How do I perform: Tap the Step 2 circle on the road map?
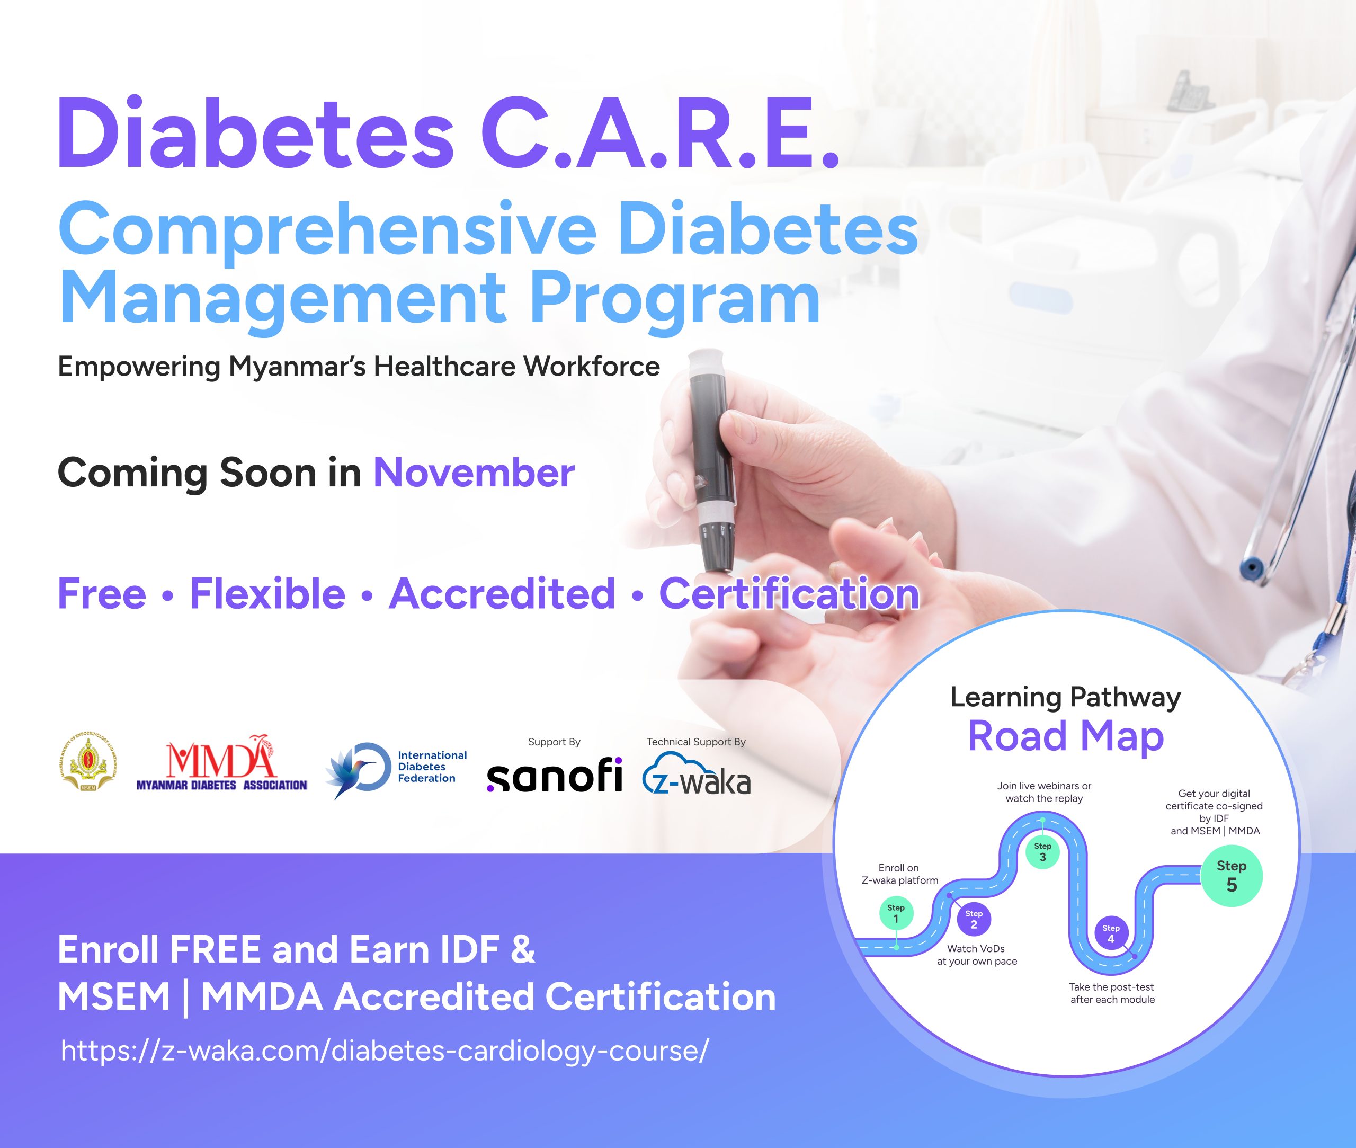(974, 919)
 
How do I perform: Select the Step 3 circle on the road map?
(1042, 851)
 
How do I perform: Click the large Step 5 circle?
(1231, 875)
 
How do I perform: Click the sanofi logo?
(555, 775)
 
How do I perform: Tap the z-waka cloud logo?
(696, 774)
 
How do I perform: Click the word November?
(474, 473)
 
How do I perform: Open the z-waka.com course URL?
(384, 1051)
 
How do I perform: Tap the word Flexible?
(267, 593)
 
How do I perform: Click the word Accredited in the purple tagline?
(502, 593)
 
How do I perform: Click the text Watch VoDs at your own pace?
(977, 955)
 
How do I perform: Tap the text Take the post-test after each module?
(1112, 993)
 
